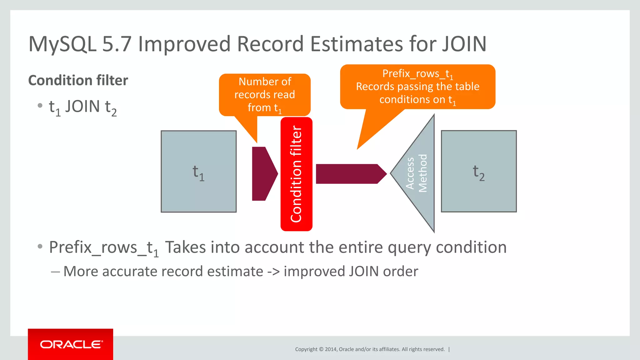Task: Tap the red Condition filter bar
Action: (x=296, y=174)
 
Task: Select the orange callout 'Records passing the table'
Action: (x=417, y=87)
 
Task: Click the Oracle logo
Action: (x=71, y=344)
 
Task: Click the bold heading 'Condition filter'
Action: (x=78, y=80)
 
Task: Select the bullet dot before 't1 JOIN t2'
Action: (x=40, y=106)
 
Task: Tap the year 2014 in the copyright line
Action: (x=331, y=349)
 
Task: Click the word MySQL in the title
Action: (x=62, y=44)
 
